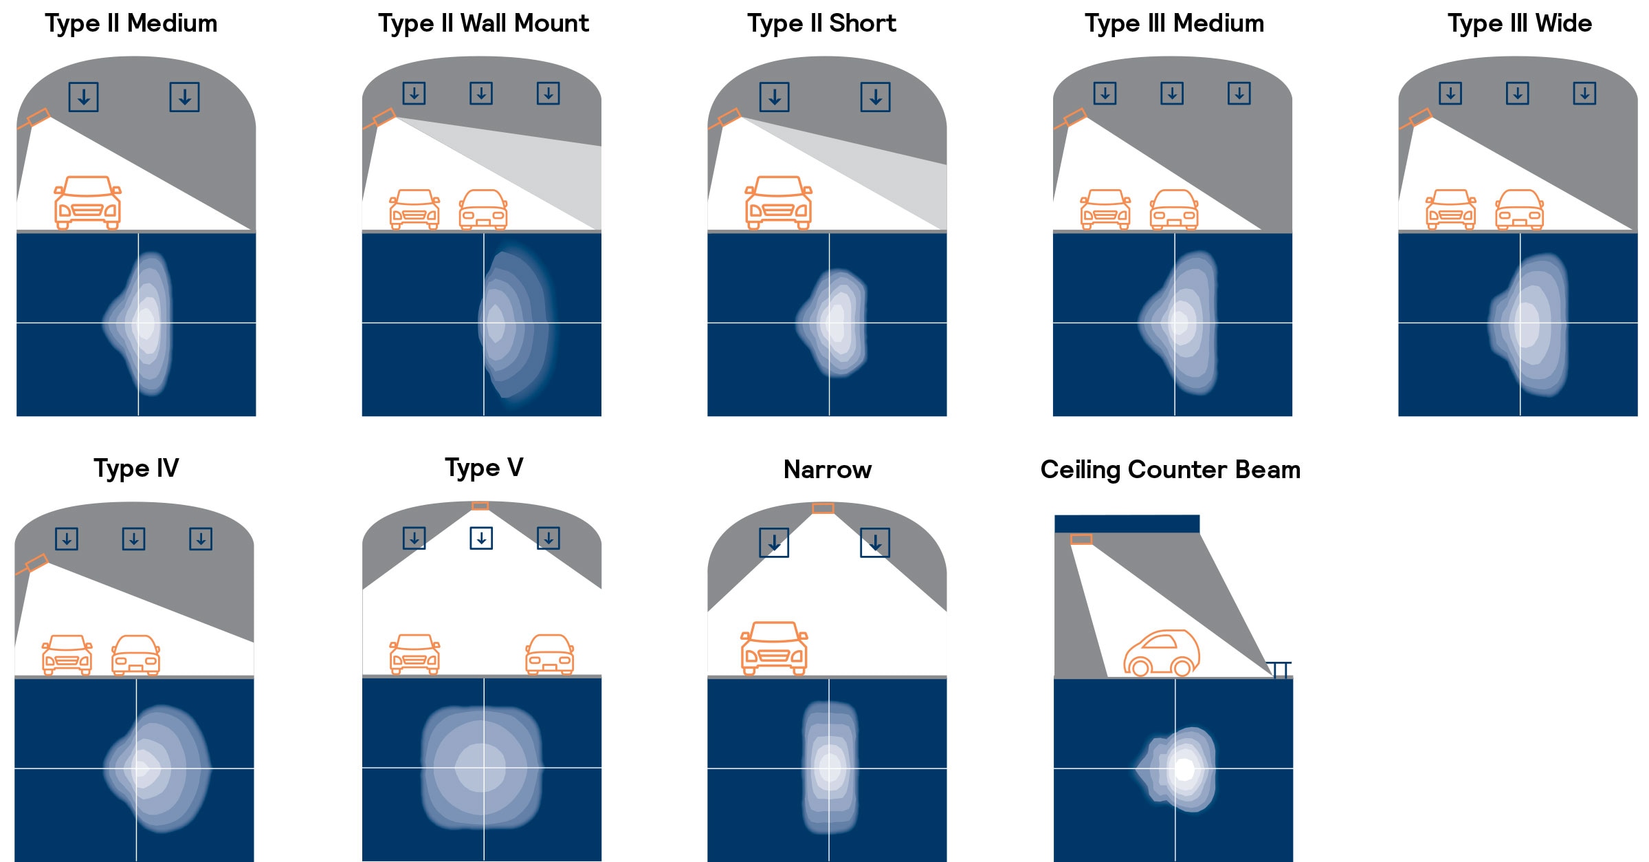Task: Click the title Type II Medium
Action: [x=131, y=24]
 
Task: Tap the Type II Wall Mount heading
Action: [x=483, y=24]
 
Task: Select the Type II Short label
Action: [x=821, y=24]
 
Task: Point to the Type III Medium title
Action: [x=1174, y=24]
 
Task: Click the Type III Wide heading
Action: [x=1519, y=24]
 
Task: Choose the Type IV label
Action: [x=136, y=468]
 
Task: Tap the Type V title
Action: [x=484, y=468]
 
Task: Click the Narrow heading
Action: [x=828, y=470]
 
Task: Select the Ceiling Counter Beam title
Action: [x=1171, y=470]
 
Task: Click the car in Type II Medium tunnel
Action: [x=88, y=202]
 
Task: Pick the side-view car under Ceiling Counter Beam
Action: [x=1162, y=653]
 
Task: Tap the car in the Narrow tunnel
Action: [x=774, y=648]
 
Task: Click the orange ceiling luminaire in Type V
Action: [x=480, y=506]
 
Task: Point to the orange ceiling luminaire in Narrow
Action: [x=823, y=508]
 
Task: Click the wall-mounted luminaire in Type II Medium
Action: [x=36, y=118]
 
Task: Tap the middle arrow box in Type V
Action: [x=481, y=538]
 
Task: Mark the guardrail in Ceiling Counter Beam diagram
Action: [x=1279, y=669]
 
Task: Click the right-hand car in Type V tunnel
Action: [x=549, y=654]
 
